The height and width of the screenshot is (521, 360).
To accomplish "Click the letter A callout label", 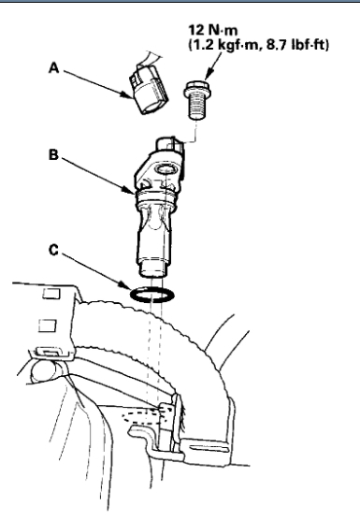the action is click(54, 68).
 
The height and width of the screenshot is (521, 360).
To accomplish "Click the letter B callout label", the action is click(54, 155).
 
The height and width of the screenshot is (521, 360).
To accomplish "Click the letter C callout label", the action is click(53, 250).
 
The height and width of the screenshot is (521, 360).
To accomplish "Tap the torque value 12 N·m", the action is click(213, 30).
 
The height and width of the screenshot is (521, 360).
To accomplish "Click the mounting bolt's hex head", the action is click(196, 86).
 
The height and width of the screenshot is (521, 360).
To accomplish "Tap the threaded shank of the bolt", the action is click(197, 106).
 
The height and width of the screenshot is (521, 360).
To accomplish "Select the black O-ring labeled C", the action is click(152, 295).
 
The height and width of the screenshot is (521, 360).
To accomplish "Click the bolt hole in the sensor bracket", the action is click(166, 169).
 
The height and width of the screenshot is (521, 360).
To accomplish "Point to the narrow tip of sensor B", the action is click(151, 269).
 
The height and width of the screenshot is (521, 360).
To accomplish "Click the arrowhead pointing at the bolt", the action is click(209, 75).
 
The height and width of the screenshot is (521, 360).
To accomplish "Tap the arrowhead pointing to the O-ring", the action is click(124, 285).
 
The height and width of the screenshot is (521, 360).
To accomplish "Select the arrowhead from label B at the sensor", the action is click(130, 191).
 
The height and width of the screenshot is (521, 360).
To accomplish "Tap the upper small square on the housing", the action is click(51, 293).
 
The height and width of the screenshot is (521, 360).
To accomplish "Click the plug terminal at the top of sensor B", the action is click(169, 145).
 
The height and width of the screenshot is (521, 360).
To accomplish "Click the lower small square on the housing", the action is click(48, 326).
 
